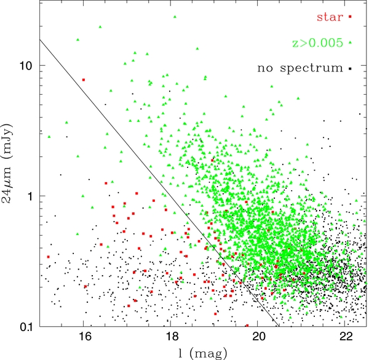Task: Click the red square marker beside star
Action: pyautogui.click(x=350, y=17)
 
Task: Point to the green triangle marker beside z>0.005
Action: pyautogui.click(x=350, y=42)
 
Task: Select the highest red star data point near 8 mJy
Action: pyautogui.click(x=84, y=79)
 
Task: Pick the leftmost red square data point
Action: pyautogui.click(x=49, y=257)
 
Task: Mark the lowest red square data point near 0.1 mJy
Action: pyautogui.click(x=247, y=326)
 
